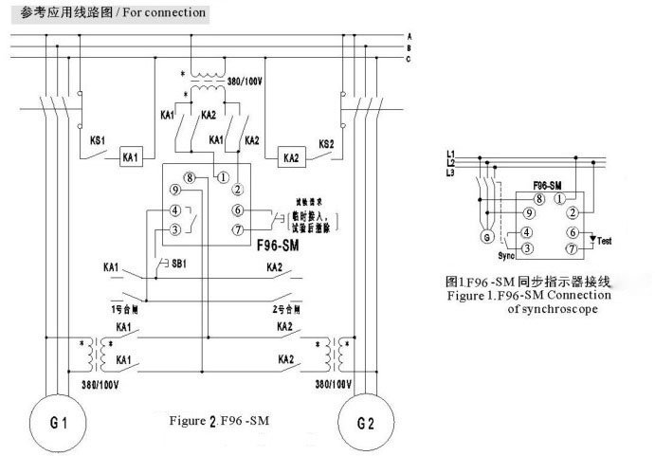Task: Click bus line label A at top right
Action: point(408,35)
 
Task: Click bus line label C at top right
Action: point(408,59)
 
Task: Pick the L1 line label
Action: point(452,154)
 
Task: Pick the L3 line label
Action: point(452,173)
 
